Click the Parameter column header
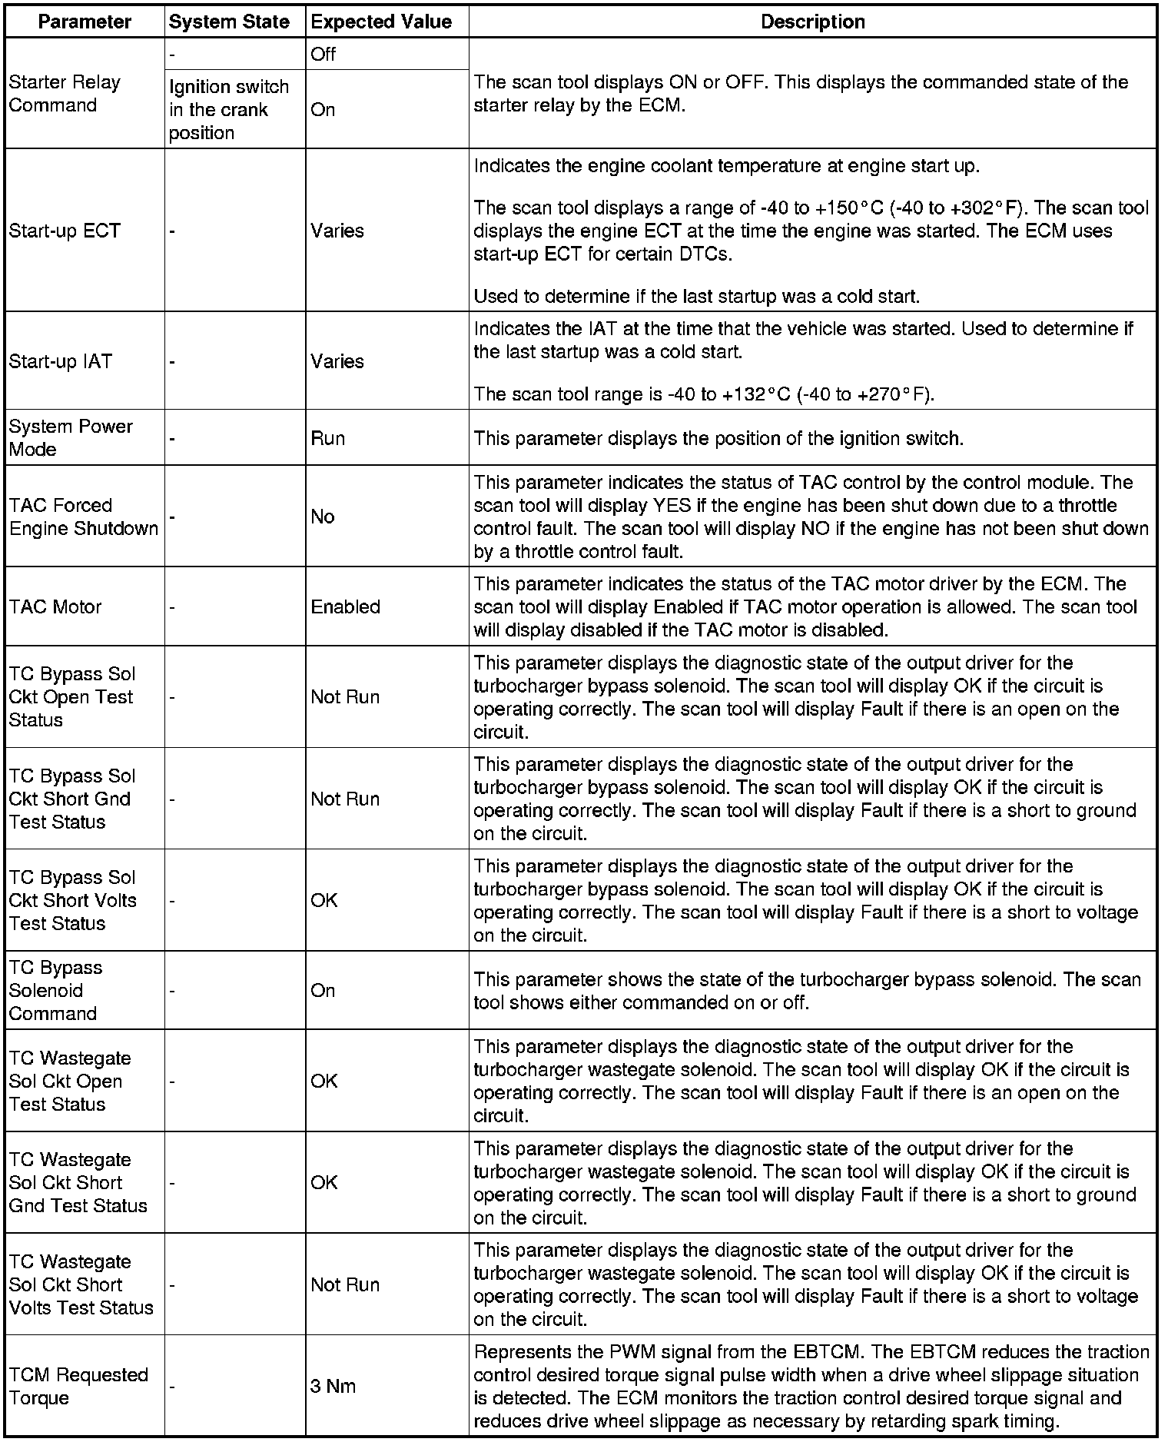(85, 22)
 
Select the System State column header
(229, 22)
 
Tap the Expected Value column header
(381, 22)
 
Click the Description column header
(812, 22)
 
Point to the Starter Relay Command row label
(65, 94)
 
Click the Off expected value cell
(324, 55)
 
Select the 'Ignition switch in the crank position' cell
(229, 109)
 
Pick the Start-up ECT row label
(65, 231)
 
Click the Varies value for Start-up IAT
(337, 361)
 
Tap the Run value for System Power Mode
(328, 438)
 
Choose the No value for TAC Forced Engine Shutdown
(323, 517)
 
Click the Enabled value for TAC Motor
(346, 607)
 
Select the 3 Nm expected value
(333, 1386)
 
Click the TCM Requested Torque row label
(78, 1386)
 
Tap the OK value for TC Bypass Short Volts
(324, 900)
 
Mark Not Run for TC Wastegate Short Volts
(345, 1284)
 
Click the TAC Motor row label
(55, 607)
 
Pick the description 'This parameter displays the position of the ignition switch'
(718, 438)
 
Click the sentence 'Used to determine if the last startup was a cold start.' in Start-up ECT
(696, 296)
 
